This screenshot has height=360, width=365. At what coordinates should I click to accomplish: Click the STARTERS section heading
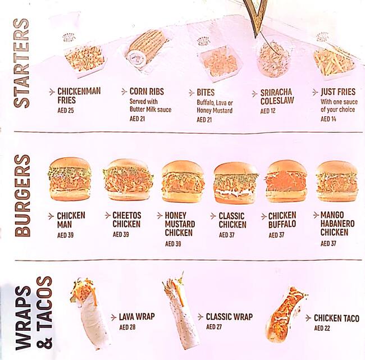click(21, 63)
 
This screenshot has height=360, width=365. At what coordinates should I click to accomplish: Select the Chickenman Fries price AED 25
click(66, 110)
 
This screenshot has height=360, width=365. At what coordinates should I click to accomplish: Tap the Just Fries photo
click(334, 59)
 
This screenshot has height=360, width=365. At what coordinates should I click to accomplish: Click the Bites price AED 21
click(204, 120)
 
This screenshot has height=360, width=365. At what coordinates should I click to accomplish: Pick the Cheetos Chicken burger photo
click(128, 180)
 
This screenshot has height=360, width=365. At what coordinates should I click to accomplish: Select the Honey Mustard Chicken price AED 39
click(173, 244)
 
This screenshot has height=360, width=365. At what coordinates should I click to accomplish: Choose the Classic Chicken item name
click(232, 220)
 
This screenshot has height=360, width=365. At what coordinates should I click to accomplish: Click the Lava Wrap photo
click(89, 312)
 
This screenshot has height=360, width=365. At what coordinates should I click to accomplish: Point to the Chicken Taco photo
click(285, 315)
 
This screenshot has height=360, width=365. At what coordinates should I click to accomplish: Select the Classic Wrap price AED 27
click(215, 326)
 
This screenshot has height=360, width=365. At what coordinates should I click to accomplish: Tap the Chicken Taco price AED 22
click(322, 328)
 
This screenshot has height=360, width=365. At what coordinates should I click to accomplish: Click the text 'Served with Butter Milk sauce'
click(150, 106)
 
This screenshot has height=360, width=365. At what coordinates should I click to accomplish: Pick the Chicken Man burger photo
click(70, 179)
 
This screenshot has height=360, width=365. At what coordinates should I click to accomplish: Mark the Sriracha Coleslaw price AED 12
click(268, 111)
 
